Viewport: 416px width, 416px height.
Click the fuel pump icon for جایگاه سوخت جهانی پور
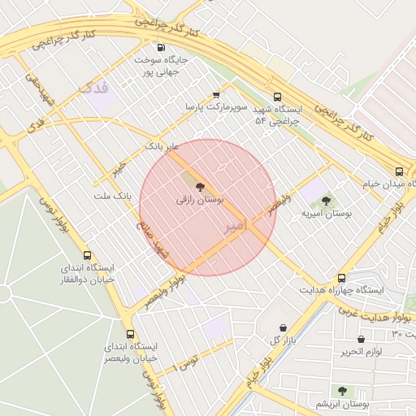click(160, 47)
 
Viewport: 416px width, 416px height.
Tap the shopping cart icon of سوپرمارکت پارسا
click(215, 94)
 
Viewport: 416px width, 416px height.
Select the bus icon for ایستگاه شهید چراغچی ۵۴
click(278, 95)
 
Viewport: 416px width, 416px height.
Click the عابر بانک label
click(160, 146)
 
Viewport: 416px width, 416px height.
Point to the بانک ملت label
click(112, 196)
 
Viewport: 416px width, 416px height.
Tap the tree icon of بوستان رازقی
click(201, 187)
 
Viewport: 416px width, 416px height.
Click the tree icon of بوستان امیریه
click(326, 201)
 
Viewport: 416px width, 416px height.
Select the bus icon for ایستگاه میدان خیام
click(399, 171)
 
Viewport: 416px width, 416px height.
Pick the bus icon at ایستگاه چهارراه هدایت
click(341, 278)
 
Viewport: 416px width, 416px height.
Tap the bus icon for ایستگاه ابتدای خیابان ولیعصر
click(130, 334)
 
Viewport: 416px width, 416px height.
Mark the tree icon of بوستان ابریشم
click(341, 391)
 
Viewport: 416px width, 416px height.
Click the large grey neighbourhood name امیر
click(234, 227)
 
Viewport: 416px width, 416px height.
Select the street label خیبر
click(121, 168)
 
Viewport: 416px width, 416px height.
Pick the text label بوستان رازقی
click(200, 199)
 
